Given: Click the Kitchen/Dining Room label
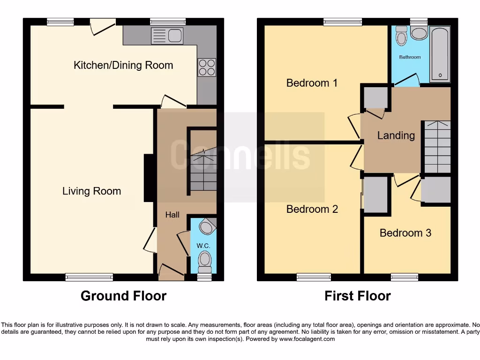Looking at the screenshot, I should coord(123,65).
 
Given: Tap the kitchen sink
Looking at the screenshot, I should coord(167,36).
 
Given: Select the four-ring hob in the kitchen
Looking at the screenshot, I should coord(207,67).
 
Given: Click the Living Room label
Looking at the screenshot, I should coord(91,191).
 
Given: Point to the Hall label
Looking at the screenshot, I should coord(172,215).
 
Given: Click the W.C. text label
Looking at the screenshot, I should coord(202,246).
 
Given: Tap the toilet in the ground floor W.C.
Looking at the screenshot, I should coord(205,261).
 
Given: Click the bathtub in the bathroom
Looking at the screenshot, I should coord(440,54).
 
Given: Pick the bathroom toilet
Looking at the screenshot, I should coord(401,36).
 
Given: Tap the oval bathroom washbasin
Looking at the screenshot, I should coord(419,34).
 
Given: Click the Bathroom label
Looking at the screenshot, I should coord(410,57).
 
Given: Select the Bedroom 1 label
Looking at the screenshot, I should coord(312,83).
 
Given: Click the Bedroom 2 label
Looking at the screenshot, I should coord(312,209).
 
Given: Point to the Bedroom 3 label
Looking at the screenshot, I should coord(405,233).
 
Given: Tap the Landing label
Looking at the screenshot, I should coord(396,135).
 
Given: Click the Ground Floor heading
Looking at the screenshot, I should coord(123,296).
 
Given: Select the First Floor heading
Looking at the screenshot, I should coord(357,296).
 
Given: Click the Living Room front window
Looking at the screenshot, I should coord(89,277).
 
